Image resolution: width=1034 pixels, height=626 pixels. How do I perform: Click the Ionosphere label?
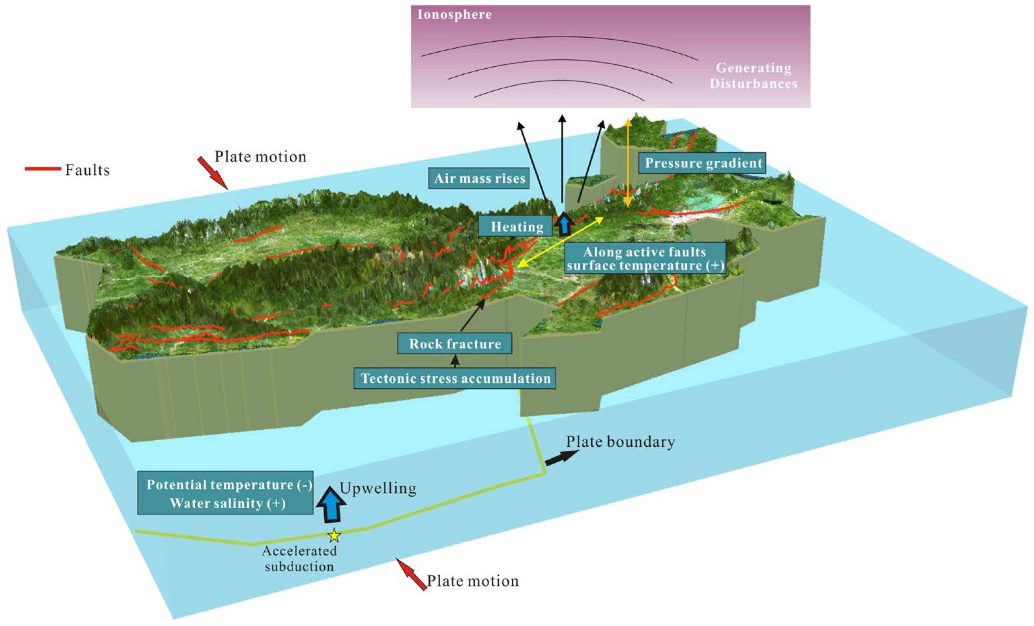pyautogui.click(x=454, y=15)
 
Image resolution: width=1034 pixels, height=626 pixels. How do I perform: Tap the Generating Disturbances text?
pyautogui.click(x=753, y=75)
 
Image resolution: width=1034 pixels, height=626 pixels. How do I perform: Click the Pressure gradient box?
pyautogui.click(x=702, y=163)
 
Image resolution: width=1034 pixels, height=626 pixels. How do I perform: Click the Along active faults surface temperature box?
pyautogui.click(x=645, y=258)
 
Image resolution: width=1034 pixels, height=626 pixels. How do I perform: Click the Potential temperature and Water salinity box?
pyautogui.click(x=225, y=493)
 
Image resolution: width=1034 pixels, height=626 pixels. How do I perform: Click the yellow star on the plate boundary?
pyautogui.click(x=334, y=535)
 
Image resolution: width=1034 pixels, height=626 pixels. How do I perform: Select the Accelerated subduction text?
pyautogui.click(x=299, y=558)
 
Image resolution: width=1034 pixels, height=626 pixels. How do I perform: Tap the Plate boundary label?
pyautogui.click(x=620, y=442)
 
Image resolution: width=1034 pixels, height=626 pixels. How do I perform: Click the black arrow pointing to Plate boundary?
pyautogui.click(x=561, y=457)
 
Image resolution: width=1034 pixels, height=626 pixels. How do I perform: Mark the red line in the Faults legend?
pyautogui.click(x=43, y=169)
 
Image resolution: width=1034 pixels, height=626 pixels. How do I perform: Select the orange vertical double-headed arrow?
pyautogui.click(x=628, y=163)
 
